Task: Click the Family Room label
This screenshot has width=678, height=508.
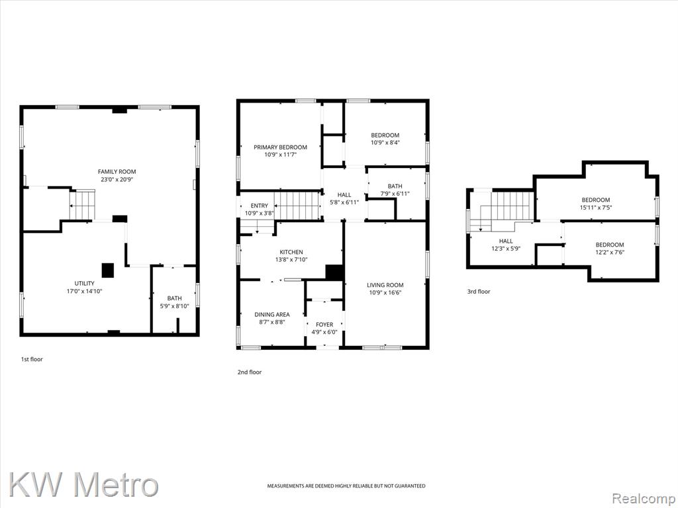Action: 117,171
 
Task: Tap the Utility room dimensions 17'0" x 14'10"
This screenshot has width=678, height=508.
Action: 84,291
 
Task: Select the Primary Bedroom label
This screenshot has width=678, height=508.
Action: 280,148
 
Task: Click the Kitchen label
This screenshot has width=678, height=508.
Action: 291,252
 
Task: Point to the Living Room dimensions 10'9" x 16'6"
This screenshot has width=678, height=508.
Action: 385,292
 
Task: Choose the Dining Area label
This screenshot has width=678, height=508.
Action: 272,314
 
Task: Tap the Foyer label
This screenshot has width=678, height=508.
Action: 324,324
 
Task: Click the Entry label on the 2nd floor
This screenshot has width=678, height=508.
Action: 260,206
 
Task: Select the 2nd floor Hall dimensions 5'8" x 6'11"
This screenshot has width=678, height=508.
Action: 344,202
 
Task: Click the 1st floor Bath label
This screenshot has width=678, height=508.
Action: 175,298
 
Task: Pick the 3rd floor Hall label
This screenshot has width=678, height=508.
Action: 506,241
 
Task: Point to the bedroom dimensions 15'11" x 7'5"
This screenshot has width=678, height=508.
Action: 596,207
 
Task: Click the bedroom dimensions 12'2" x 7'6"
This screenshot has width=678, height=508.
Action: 610,252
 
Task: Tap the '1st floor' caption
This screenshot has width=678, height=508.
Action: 32,359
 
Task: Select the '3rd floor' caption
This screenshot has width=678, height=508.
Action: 479,292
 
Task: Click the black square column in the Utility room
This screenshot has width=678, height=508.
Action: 108,270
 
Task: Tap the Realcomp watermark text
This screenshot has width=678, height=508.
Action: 644,498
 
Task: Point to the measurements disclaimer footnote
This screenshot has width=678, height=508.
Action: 346,486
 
